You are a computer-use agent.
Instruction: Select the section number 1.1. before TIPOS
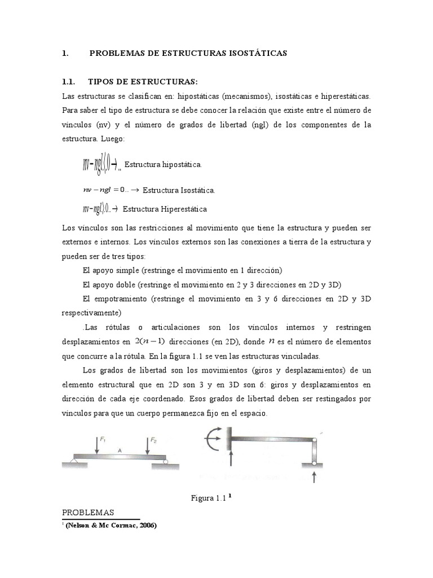tap(70, 81)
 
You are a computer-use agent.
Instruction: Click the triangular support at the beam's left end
tap(74, 461)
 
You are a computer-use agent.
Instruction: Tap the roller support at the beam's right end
tap(166, 461)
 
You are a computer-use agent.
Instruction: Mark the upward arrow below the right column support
tap(313, 479)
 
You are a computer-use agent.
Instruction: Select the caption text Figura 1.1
tap(208, 498)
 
